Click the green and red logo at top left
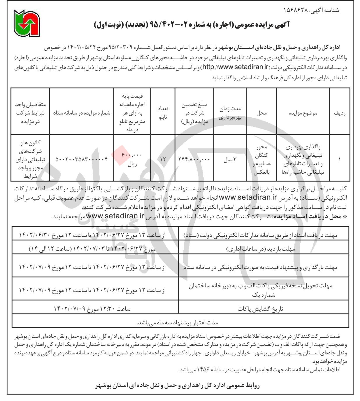coord(27,23)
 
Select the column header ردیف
coord(340,113)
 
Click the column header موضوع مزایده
coord(303,113)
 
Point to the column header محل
coord(261,113)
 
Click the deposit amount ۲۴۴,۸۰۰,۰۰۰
coord(194,159)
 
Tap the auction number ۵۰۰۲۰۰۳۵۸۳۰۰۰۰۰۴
coord(81,159)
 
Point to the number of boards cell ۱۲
coord(163,159)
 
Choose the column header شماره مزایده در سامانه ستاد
coord(82,113)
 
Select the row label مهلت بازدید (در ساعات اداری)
coord(261,249)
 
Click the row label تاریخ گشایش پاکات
coord(260,309)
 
